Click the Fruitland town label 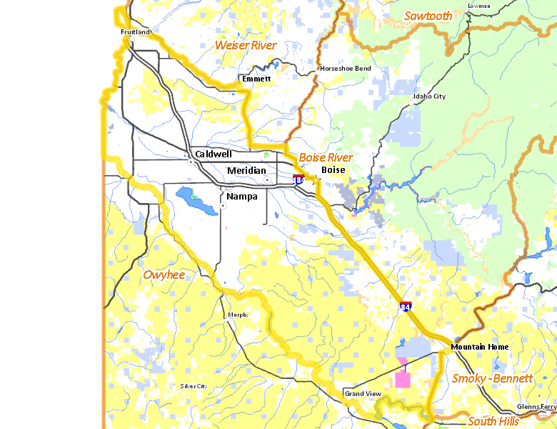tap(135, 32)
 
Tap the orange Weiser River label tap(245, 45)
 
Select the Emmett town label tap(256, 78)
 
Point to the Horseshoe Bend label tap(345, 69)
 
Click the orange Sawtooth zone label tap(428, 16)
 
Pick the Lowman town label tap(478, 6)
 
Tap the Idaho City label tap(429, 96)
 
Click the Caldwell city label tap(214, 154)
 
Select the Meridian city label tap(246, 170)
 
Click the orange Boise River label tap(326, 157)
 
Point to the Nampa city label tap(242, 196)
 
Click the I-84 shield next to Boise tap(298, 180)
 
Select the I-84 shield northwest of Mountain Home tap(405, 307)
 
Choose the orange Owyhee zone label tap(163, 275)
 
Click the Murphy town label tap(237, 315)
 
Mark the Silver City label tap(193, 386)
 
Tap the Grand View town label tap(363, 394)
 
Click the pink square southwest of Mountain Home tap(403, 379)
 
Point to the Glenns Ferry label tap(536, 406)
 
